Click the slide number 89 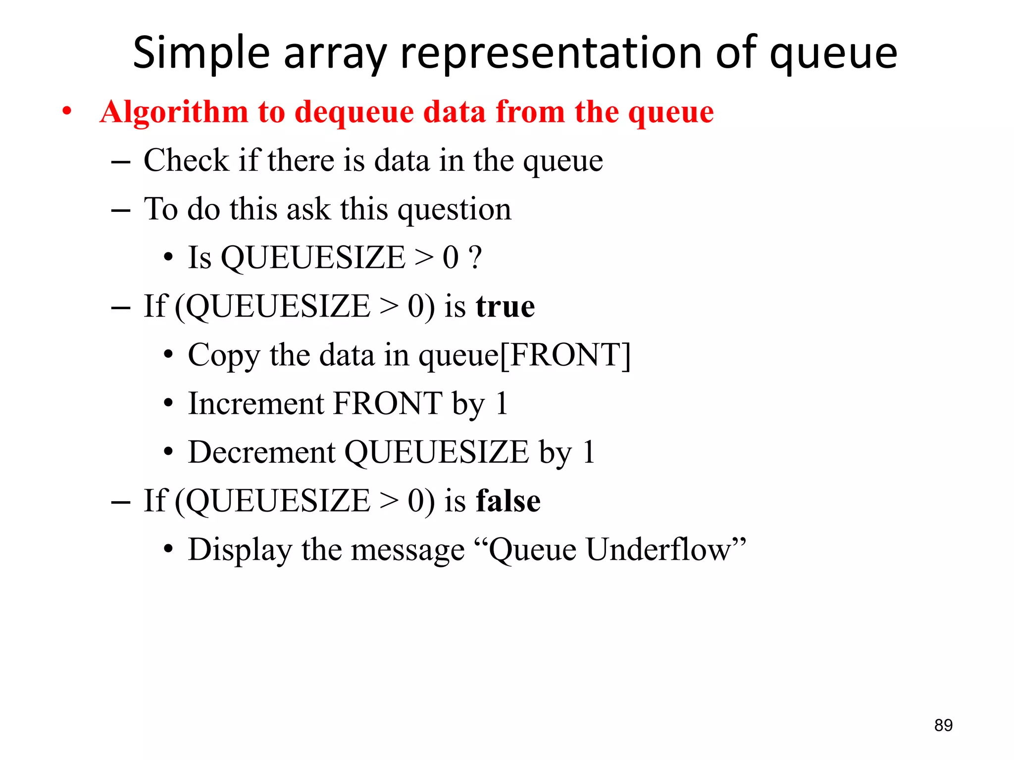click(943, 725)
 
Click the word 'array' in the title click(335, 53)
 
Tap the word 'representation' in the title click(551, 53)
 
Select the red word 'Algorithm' click(173, 112)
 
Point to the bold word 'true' click(505, 307)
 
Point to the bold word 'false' click(508, 501)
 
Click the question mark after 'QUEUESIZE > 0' click(475, 257)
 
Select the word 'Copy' click(223, 355)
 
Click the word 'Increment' click(255, 403)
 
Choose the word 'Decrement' click(261, 452)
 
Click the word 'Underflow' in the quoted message click(659, 549)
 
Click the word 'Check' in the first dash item click(186, 160)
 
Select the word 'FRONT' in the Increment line click(388, 403)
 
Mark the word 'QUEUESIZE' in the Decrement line click(436, 452)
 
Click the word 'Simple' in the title click(201, 53)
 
